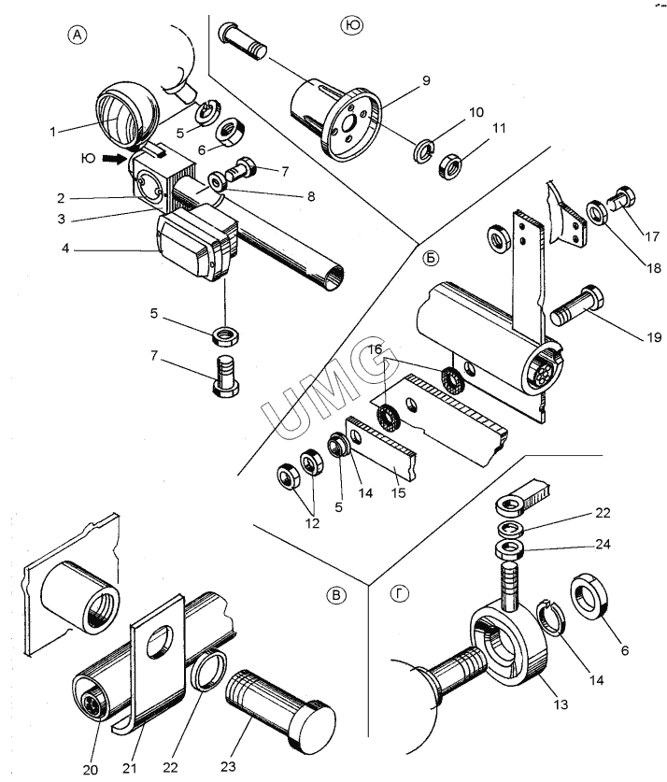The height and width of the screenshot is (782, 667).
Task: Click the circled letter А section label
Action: click(x=77, y=35)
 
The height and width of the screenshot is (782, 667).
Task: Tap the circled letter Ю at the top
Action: click(x=352, y=25)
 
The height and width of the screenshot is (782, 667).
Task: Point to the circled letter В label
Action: click(x=336, y=595)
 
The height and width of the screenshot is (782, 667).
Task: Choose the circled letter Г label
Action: click(x=399, y=593)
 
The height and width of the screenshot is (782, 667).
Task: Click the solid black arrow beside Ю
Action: click(x=115, y=159)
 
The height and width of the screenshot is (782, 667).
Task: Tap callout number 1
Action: click(x=53, y=132)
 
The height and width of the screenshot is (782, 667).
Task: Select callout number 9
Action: click(x=426, y=80)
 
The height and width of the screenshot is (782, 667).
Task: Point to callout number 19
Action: click(x=654, y=337)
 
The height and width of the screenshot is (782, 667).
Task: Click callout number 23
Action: click(x=228, y=765)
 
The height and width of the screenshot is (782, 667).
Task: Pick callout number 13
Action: click(x=561, y=704)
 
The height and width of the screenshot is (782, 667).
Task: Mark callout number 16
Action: click(x=375, y=348)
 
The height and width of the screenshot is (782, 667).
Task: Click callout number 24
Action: click(x=603, y=544)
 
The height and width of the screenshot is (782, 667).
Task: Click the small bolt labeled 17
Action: click(x=620, y=200)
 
